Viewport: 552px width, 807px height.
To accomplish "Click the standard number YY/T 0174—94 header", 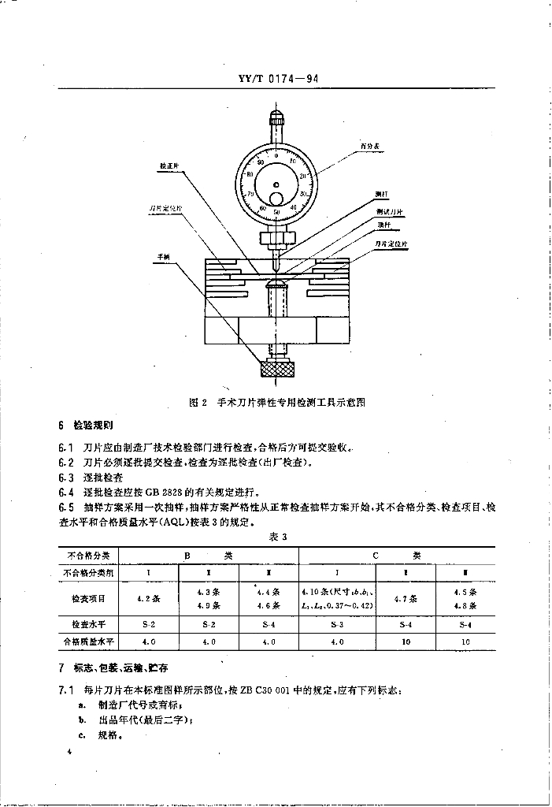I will pos(276,79).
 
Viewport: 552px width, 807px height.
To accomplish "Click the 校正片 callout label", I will pos(169,167).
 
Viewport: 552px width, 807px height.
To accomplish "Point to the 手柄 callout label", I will pos(164,256).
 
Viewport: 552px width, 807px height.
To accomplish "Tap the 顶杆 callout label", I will pos(383,225).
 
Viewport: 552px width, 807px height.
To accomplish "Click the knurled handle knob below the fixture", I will pos(276,369).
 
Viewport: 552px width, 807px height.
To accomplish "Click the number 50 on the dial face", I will pos(276,212).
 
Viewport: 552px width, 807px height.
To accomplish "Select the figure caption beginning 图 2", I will pos(277,402).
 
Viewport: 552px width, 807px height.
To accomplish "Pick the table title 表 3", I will pos(276,536).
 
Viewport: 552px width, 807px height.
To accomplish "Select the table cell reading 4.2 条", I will pos(149,598).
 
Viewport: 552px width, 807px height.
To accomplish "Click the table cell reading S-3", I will pos(338,623).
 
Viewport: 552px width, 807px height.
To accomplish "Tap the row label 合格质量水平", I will pos(88,642).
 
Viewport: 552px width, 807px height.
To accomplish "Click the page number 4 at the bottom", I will pos(70,753).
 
